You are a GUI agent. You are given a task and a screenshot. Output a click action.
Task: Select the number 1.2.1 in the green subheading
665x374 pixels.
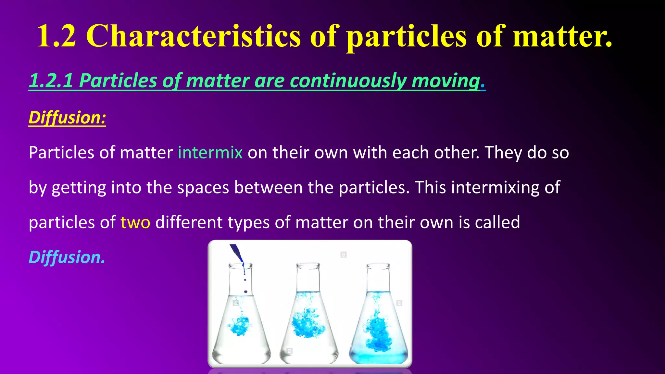point(51,81)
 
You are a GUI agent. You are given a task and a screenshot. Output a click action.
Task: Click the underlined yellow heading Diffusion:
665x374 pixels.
point(67,118)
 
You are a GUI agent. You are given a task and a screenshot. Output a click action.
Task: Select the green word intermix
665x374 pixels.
point(210,153)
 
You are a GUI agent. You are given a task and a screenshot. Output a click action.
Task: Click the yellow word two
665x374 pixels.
point(135,222)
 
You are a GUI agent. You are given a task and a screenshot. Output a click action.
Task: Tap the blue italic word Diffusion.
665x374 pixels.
point(67,257)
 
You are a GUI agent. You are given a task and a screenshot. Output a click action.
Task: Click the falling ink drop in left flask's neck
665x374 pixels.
point(245,291)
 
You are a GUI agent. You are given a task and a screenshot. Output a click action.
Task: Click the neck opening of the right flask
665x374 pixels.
point(378,266)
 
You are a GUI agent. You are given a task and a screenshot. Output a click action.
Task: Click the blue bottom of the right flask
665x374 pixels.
point(378,357)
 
